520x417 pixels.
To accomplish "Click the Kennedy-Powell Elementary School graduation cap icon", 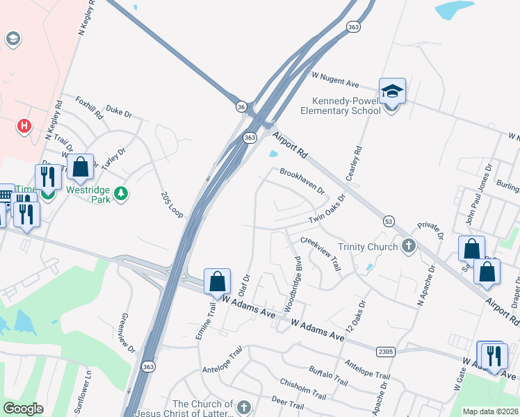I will [x=392, y=90].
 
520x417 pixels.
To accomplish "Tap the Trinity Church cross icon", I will [x=409, y=246].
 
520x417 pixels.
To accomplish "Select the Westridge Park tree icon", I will [x=122, y=193].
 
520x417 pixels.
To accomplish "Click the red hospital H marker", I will [x=24, y=126].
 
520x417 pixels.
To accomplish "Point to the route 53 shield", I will [x=389, y=220].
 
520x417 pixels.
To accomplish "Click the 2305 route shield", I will [x=386, y=352].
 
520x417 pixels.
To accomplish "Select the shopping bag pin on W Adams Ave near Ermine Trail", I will [x=217, y=281].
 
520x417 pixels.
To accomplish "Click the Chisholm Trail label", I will [x=302, y=389].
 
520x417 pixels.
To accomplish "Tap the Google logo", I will [x=23, y=409].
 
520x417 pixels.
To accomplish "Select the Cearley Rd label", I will [x=359, y=160].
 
